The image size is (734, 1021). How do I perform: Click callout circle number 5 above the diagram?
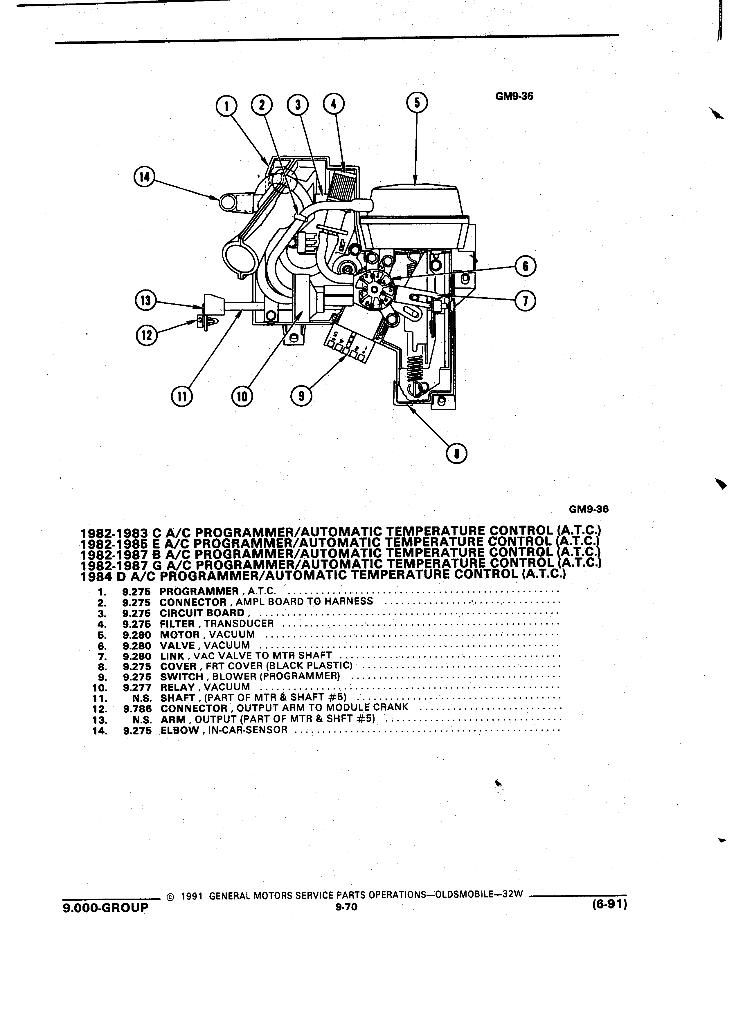pyautogui.click(x=417, y=102)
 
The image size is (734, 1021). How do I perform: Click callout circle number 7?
pyautogui.click(x=525, y=301)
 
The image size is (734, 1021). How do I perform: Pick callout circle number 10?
pyautogui.click(x=242, y=396)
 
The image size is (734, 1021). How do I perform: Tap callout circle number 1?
pyautogui.click(x=227, y=106)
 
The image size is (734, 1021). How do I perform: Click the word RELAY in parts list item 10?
pyautogui.click(x=177, y=687)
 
